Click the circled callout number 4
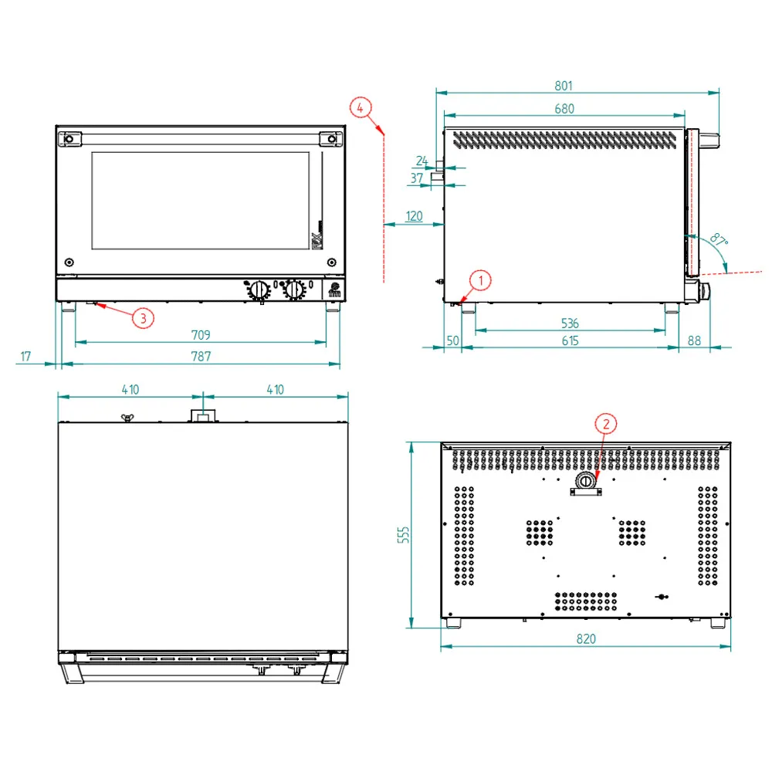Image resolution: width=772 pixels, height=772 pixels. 361,107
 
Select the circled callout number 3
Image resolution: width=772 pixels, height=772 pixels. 144,318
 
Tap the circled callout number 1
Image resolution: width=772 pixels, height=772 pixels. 480,281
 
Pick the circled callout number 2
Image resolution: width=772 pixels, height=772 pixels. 606,424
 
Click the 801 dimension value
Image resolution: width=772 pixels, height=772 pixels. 564,86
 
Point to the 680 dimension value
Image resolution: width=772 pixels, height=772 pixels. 564,108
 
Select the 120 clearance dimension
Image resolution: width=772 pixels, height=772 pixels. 414,216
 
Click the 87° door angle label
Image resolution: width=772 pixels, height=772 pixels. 719,240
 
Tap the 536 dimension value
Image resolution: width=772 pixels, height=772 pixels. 570,323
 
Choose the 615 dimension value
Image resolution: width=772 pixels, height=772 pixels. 571,340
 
